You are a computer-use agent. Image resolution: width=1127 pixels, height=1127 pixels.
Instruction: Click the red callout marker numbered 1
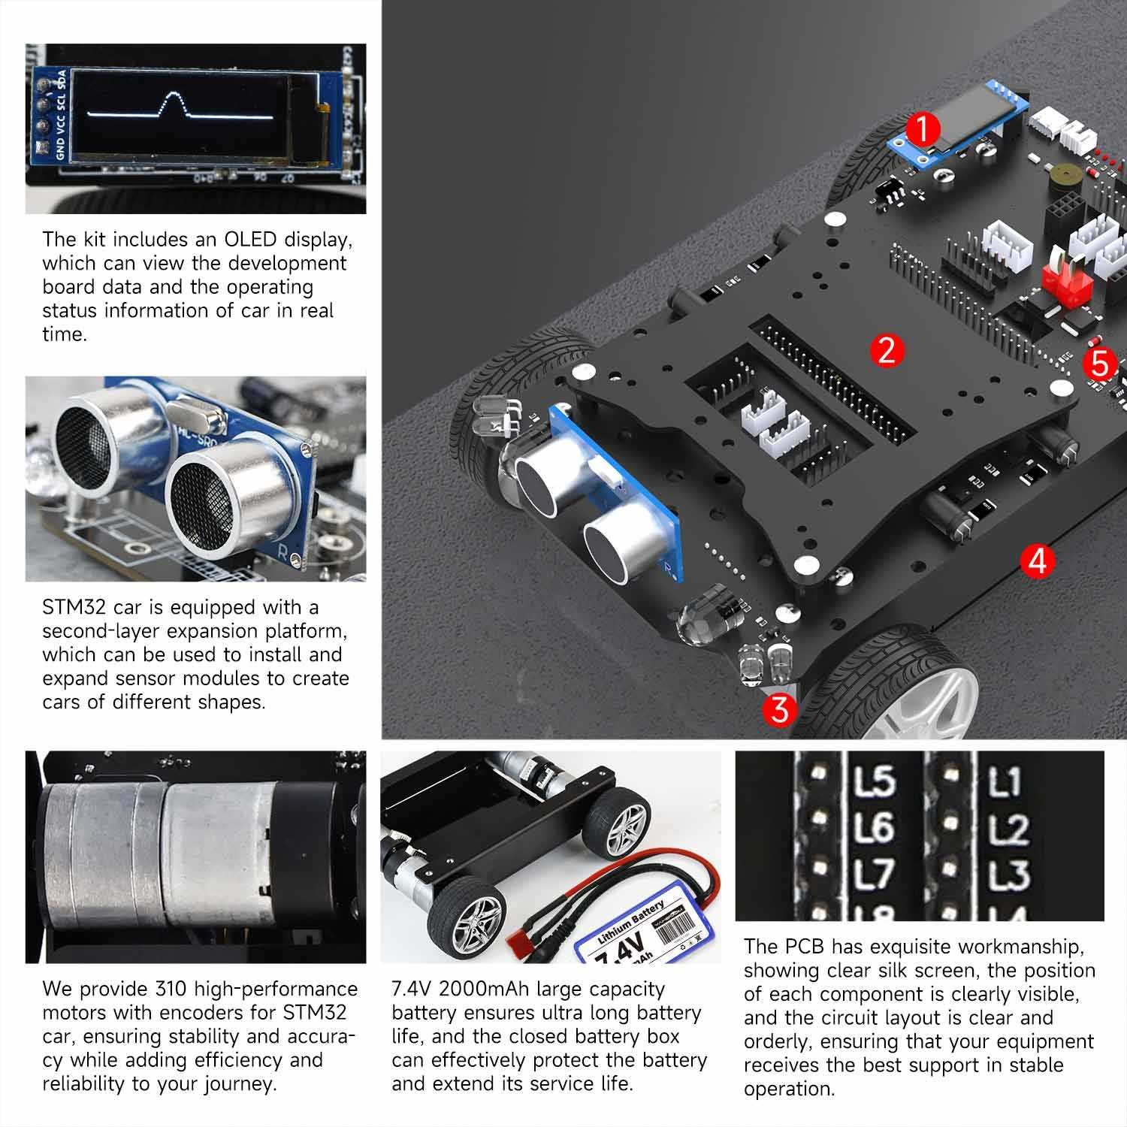(923, 130)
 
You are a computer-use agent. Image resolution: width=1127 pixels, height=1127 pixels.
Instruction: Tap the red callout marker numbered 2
(887, 350)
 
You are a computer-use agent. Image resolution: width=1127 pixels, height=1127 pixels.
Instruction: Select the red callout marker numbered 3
(781, 709)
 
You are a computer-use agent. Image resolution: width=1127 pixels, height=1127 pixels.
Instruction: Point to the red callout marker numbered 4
(1038, 560)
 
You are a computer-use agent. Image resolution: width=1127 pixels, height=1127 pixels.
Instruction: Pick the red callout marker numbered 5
(1099, 364)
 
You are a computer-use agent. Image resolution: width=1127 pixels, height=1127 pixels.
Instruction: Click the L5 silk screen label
(875, 781)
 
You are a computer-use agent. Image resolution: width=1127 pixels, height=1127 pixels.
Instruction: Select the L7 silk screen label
(875, 874)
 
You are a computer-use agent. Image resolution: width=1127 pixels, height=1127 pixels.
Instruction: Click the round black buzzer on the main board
(1060, 180)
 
